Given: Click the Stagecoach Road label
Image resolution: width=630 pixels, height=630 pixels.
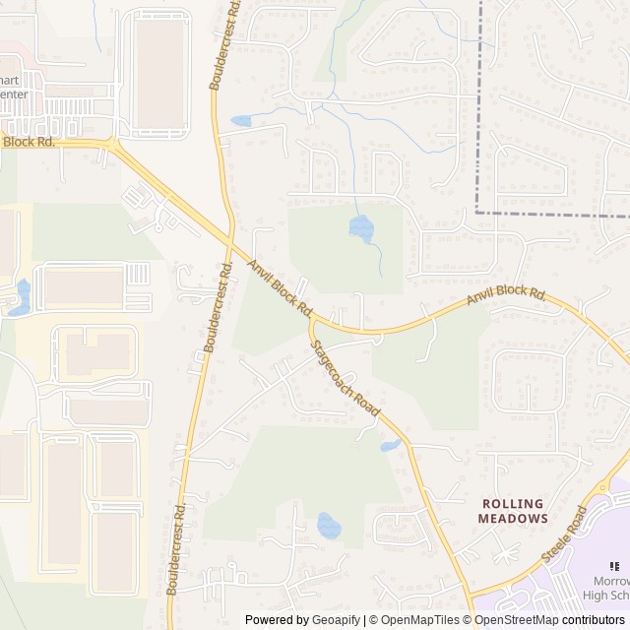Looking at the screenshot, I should (345, 378).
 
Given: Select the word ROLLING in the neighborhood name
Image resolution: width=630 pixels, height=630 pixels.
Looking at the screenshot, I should (512, 502).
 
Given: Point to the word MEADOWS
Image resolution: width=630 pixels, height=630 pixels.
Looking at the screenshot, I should (512, 518).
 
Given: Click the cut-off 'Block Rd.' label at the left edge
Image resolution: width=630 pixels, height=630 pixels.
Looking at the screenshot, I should (29, 142).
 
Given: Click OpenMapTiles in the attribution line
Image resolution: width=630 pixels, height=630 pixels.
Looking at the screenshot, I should (417, 620).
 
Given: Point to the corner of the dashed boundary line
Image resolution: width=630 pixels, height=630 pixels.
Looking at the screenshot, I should (477, 212).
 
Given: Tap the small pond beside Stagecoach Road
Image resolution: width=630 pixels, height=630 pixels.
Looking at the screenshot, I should (391, 446).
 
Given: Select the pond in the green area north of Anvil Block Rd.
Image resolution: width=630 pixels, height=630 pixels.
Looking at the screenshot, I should (361, 229).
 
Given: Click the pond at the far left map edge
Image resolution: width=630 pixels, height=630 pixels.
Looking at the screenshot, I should (20, 296).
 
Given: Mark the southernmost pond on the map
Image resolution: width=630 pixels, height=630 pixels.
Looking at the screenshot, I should (329, 526).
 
